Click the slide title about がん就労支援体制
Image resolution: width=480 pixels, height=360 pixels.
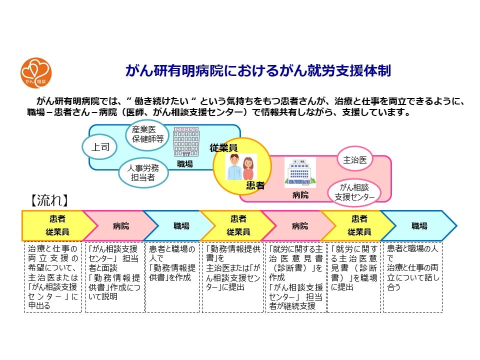[x=257, y=70]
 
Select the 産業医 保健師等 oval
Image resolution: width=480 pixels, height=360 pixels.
[x=147, y=134]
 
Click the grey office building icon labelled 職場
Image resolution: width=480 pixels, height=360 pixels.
[x=186, y=142]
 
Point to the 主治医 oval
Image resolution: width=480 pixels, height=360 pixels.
[x=355, y=160]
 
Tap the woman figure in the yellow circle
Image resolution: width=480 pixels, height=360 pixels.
[x=248, y=167]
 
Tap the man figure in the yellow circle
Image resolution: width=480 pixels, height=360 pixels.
[x=233, y=167]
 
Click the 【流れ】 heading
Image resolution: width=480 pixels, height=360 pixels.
[x=47, y=200]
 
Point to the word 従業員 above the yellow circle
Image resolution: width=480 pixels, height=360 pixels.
[x=223, y=147]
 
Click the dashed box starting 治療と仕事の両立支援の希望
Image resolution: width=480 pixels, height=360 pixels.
[x=53, y=277]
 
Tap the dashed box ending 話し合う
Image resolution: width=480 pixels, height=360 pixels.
[x=412, y=277]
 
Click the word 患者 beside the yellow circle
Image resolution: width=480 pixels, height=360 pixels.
[x=255, y=185]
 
